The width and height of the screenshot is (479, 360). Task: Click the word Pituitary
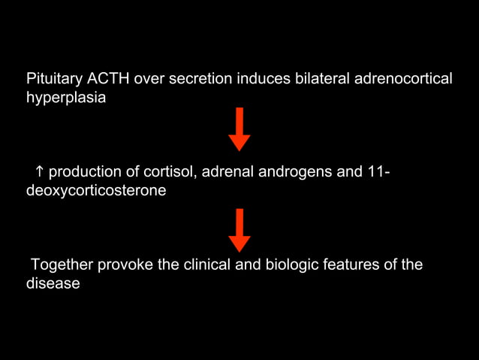(51, 79)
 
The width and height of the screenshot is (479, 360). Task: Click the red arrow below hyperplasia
(239, 129)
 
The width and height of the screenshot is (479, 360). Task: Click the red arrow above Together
(239, 230)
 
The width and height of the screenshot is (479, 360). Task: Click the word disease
(53, 284)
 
